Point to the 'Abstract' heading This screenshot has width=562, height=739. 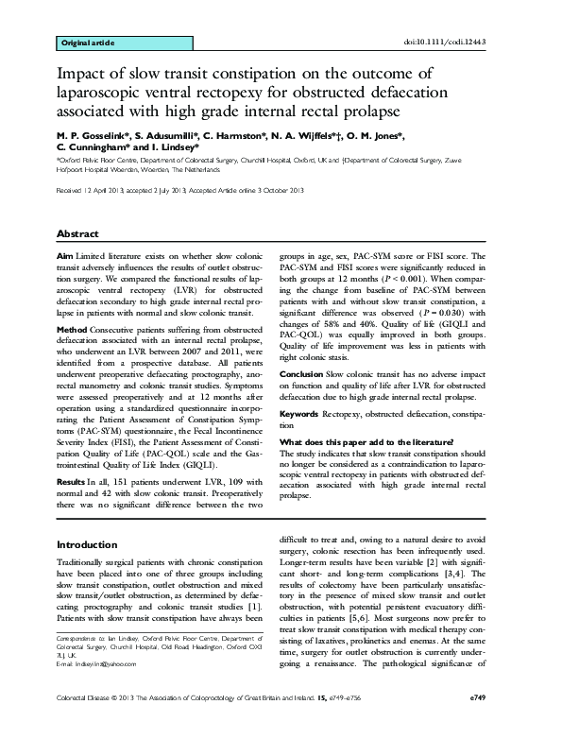78,232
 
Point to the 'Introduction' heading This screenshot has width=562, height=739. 88,545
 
